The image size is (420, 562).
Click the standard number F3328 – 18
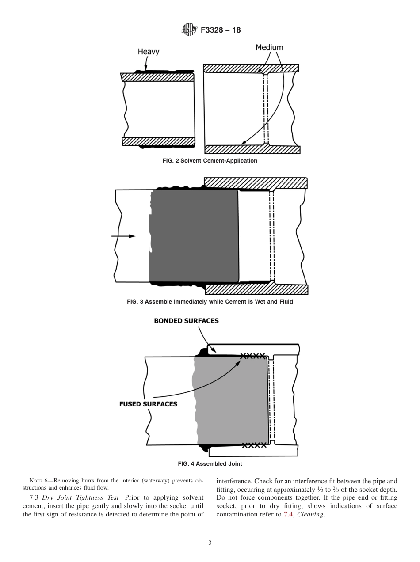[x=221, y=30]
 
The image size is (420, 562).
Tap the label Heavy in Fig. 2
[x=148, y=52]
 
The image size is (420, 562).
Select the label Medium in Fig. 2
[x=269, y=47]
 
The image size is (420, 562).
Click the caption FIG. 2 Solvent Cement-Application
[x=210, y=161]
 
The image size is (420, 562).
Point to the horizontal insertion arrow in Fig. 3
[x=123, y=236]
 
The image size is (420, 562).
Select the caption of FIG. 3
[x=210, y=302]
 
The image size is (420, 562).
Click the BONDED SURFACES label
[x=186, y=321]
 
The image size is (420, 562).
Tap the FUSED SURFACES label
[x=148, y=404]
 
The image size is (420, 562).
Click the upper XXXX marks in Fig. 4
[x=253, y=356]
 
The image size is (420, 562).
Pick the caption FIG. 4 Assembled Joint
[x=210, y=464]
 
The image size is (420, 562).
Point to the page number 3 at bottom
[x=210, y=543]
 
